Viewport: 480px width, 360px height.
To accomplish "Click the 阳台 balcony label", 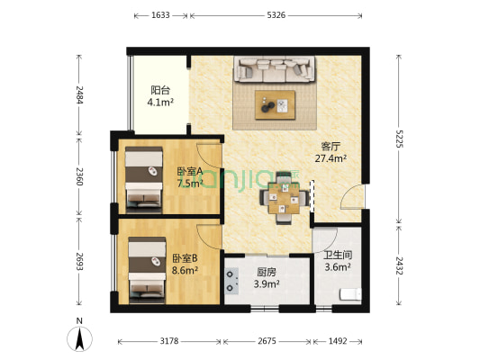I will (161, 90).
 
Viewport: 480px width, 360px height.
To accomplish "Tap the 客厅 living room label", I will (331, 147).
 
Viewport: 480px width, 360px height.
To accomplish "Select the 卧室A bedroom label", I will (189, 172).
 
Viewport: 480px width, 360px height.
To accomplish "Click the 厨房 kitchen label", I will (266, 272).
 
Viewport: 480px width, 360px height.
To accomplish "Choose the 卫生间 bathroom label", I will (337, 255).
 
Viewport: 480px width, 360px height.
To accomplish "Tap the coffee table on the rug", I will (273, 105).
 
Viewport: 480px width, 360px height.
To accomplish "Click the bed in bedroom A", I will (144, 177).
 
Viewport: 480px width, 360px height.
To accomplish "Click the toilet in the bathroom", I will (349, 293).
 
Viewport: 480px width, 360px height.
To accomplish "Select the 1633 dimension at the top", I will (160, 16).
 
